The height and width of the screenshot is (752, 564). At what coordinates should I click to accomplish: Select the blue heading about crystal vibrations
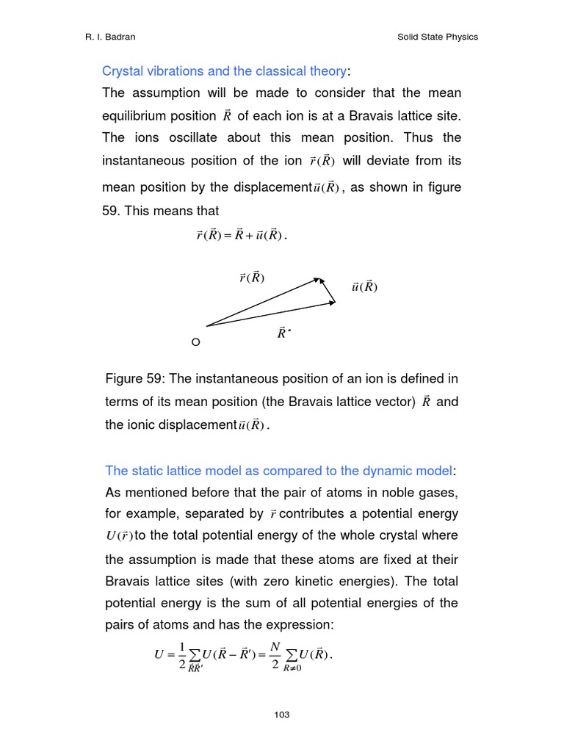(x=224, y=71)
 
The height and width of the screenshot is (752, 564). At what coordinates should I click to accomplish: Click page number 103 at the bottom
(x=281, y=715)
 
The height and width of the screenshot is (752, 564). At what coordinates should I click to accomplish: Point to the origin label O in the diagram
(x=195, y=342)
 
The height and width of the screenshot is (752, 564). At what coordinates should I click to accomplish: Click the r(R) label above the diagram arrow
(x=251, y=278)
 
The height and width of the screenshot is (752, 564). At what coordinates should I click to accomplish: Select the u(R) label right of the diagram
(x=364, y=287)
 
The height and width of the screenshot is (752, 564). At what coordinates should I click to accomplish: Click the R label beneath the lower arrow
(x=283, y=333)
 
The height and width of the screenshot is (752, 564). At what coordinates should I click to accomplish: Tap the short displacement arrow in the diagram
(x=328, y=290)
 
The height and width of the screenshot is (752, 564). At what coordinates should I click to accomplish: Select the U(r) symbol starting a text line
(x=120, y=536)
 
